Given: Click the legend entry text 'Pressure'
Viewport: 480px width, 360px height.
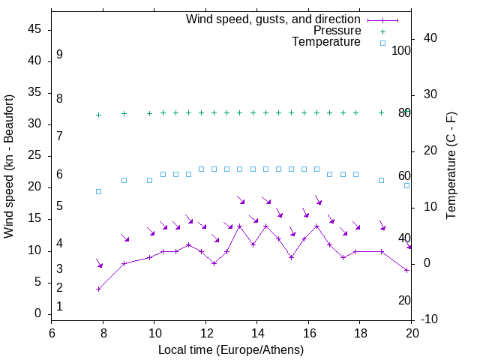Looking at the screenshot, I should point(337,31).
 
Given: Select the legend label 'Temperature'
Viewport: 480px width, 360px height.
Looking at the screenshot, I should point(326,43).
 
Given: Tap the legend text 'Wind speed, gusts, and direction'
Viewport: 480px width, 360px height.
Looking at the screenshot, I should point(273,19).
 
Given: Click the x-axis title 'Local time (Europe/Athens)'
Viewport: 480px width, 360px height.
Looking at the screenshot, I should point(232,350).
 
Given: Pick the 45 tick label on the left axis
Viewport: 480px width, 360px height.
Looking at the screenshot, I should point(34,29).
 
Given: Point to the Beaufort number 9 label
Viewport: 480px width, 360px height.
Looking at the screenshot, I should point(59,55).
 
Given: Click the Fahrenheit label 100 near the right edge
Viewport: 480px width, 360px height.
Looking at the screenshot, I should point(402,51).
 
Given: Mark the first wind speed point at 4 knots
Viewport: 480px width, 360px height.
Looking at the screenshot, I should point(98,289).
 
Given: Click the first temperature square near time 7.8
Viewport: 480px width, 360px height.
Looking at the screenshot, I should point(98,191).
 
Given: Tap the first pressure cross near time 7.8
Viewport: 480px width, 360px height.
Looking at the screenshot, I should point(98,115).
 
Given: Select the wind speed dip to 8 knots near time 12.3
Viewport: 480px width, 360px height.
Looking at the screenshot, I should point(214,263).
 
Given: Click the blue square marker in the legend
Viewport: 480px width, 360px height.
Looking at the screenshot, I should point(382,43).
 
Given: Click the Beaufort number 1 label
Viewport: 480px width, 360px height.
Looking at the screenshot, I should point(59,307).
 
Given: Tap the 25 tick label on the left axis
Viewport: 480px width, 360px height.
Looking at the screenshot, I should point(34,155).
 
